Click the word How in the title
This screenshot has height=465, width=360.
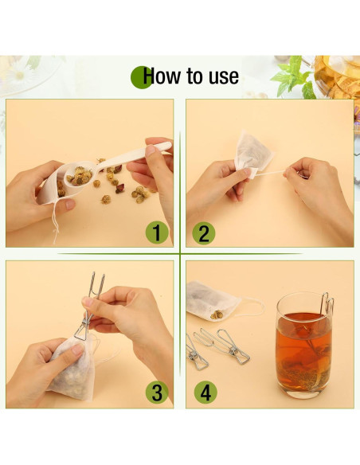pos(162,76)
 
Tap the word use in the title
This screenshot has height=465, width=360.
pos(222,76)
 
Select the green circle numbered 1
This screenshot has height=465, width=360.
pos(156,232)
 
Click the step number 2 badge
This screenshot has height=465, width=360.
pos(204,232)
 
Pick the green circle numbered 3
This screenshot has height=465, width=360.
pos(156,392)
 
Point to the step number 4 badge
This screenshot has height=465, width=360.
pos(204,392)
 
